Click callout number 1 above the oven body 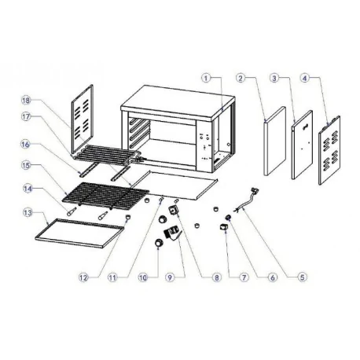click(206, 79)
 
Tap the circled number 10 click(142, 277)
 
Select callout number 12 click(83, 277)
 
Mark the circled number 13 click(27, 212)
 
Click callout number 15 click(27, 167)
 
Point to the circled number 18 click(27, 101)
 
